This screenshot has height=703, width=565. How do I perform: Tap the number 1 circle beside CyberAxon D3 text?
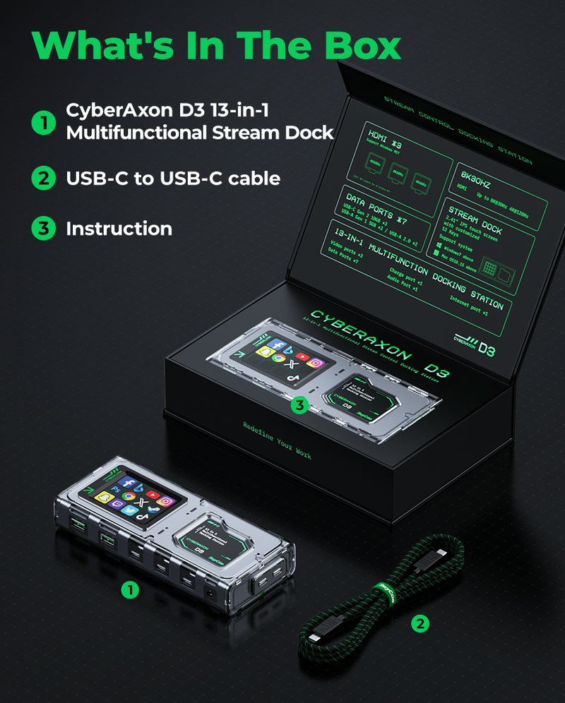pos(43,123)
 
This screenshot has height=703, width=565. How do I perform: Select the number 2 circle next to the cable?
pos(420,623)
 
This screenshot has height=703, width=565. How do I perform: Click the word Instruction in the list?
pos(119,229)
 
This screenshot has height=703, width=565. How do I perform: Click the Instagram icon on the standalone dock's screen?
pos(164,502)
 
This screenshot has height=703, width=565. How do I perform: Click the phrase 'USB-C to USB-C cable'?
pos(173,179)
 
